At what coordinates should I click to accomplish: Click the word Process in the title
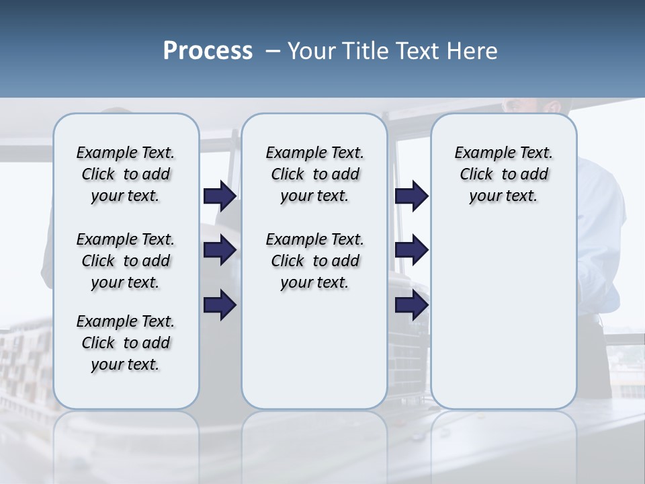(208, 51)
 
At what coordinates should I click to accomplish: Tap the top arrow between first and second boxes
(220, 196)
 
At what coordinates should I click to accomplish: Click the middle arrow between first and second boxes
(220, 250)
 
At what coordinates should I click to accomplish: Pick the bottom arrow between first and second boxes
(220, 305)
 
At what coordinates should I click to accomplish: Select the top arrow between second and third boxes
(412, 196)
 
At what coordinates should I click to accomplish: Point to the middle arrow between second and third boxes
(412, 250)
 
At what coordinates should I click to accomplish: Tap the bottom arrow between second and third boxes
(412, 305)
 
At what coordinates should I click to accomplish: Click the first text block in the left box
(126, 175)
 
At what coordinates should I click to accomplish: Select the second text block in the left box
(126, 261)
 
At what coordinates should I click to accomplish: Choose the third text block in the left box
(126, 343)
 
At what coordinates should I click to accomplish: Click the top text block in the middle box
(314, 175)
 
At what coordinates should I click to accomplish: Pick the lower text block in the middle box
(314, 261)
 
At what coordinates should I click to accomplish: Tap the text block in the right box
(503, 175)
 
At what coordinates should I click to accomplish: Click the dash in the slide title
(272, 51)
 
